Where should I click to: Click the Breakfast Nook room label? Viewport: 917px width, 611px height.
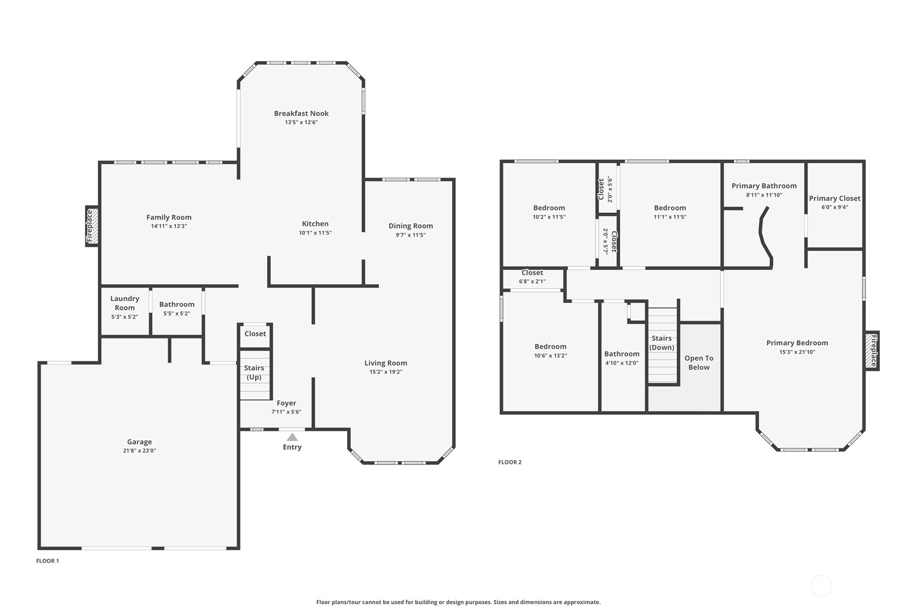point(302,113)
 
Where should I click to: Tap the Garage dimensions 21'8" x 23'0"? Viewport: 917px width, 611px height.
point(139,451)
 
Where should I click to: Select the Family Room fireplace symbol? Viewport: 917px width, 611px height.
point(92,226)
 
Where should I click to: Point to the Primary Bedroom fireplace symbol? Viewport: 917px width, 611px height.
point(872,351)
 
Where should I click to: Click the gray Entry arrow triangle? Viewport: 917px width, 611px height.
point(292,437)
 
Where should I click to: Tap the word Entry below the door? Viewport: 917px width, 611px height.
point(292,447)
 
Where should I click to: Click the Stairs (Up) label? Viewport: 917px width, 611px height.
point(254,372)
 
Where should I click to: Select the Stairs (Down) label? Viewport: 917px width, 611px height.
point(661,343)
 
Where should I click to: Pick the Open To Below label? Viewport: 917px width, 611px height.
point(699,362)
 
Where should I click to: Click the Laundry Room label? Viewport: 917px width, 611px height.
point(124,303)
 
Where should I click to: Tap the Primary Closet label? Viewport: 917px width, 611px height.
point(835,198)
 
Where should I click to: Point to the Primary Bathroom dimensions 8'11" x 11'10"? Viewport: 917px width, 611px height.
point(764,195)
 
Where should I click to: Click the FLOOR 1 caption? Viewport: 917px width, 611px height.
point(48,561)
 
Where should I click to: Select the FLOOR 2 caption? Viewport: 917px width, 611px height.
point(510,462)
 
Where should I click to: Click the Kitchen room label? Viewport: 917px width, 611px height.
point(315,224)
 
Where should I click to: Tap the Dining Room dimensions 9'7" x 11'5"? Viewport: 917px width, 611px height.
point(411,235)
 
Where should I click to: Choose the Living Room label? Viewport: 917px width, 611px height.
point(386,363)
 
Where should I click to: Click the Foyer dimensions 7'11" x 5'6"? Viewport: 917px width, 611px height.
point(286,412)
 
